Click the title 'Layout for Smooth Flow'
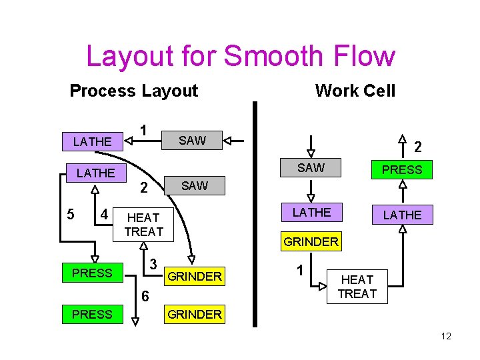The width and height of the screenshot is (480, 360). (x=240, y=57)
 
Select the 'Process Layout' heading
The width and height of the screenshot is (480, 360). (x=133, y=91)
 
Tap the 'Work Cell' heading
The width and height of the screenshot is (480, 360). (x=355, y=91)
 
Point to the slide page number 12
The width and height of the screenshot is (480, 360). (x=445, y=336)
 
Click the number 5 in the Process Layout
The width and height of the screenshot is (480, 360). (x=71, y=215)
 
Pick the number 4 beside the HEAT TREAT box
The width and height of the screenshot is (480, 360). (x=103, y=215)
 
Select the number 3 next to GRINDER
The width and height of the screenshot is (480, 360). (x=153, y=264)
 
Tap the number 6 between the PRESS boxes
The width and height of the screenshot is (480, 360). (x=145, y=296)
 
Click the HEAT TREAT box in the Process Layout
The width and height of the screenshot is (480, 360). (x=144, y=225)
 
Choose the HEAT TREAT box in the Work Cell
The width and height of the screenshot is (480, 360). (x=358, y=287)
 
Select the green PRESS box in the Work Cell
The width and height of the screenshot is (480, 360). (x=402, y=170)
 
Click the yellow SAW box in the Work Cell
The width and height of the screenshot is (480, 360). (x=311, y=168)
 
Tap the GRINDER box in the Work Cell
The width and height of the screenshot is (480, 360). (x=311, y=242)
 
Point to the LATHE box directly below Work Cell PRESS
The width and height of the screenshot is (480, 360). (x=402, y=215)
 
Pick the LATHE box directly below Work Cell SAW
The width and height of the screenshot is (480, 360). (x=311, y=213)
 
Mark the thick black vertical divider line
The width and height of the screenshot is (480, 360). (x=254, y=213)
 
